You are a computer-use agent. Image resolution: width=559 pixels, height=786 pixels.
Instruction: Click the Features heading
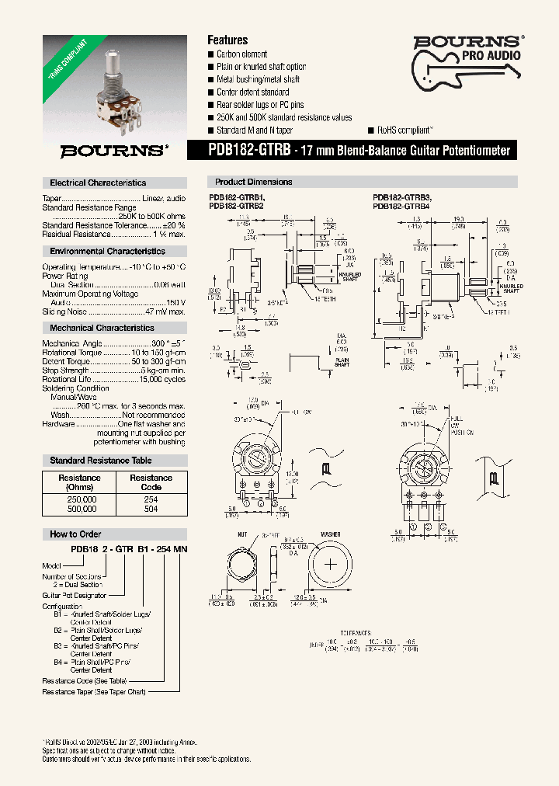coord(227,40)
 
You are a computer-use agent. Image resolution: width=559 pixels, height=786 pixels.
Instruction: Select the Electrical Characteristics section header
coord(98,183)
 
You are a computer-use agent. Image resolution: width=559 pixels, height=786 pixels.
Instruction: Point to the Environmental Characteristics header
coord(107,251)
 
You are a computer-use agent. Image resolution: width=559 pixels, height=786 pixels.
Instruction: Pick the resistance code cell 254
coord(151,499)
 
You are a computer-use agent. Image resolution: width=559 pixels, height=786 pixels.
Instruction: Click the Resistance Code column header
coord(151,482)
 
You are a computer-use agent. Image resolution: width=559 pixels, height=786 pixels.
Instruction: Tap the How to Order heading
coord(75,534)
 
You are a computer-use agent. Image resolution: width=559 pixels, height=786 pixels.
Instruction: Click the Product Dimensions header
coord(253,182)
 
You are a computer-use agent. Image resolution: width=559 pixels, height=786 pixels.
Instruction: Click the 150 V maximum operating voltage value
coord(175,302)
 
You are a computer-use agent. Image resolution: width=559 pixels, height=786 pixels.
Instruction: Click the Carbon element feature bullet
coord(241,54)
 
